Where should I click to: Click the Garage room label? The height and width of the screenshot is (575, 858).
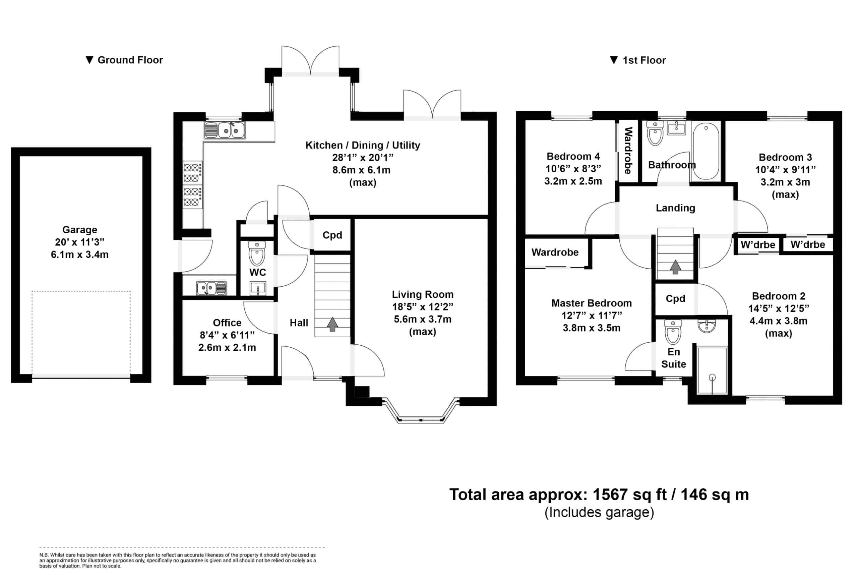click(x=79, y=230)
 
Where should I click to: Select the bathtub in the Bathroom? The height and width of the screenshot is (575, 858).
click(x=706, y=151)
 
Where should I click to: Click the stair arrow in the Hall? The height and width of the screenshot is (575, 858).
click(x=332, y=324)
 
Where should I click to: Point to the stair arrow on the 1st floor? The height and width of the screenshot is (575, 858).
click(x=675, y=267)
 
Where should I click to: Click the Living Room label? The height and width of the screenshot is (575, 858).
click(x=423, y=294)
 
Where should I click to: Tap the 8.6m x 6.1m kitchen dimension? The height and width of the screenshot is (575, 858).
click(x=361, y=170)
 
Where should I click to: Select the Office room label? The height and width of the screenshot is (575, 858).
click(x=227, y=323)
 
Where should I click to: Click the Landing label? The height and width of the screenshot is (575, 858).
click(x=675, y=208)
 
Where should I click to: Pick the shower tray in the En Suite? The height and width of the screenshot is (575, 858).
click(x=712, y=370)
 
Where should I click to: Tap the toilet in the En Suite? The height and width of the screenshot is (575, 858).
click(x=673, y=332)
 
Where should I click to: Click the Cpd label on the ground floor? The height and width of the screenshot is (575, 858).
click(x=332, y=235)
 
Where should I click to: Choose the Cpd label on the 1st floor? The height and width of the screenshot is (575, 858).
click(x=675, y=298)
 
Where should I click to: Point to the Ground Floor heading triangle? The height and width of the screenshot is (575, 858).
click(x=89, y=60)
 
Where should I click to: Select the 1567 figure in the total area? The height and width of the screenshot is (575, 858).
click(x=611, y=495)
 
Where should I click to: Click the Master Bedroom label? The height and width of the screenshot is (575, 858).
click(x=592, y=303)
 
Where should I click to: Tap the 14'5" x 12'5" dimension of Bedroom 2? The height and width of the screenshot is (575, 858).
click(x=779, y=309)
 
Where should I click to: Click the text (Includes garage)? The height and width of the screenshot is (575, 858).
click(x=599, y=512)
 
